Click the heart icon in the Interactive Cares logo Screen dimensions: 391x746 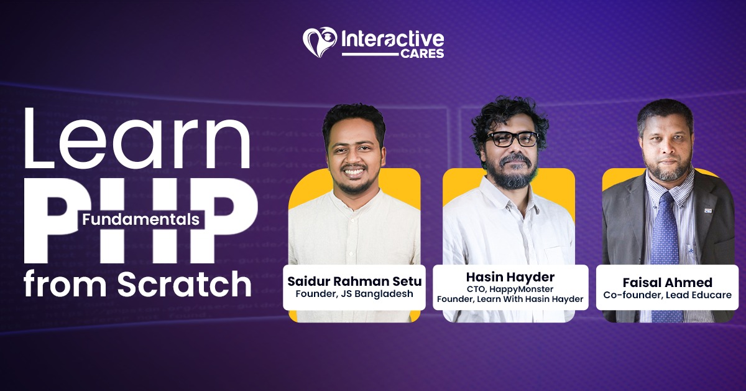click(x=320, y=42)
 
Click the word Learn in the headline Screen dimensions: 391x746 click(x=137, y=138)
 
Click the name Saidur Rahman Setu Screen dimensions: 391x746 click(x=354, y=281)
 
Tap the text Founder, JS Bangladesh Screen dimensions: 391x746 click(x=354, y=294)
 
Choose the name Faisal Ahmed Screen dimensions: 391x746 click(x=667, y=282)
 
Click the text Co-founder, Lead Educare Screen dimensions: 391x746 click(x=667, y=295)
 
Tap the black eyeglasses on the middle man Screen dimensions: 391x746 click(x=512, y=139)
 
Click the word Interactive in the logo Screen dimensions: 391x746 click(x=392, y=39)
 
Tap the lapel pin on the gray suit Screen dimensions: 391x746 click(x=708, y=211)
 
